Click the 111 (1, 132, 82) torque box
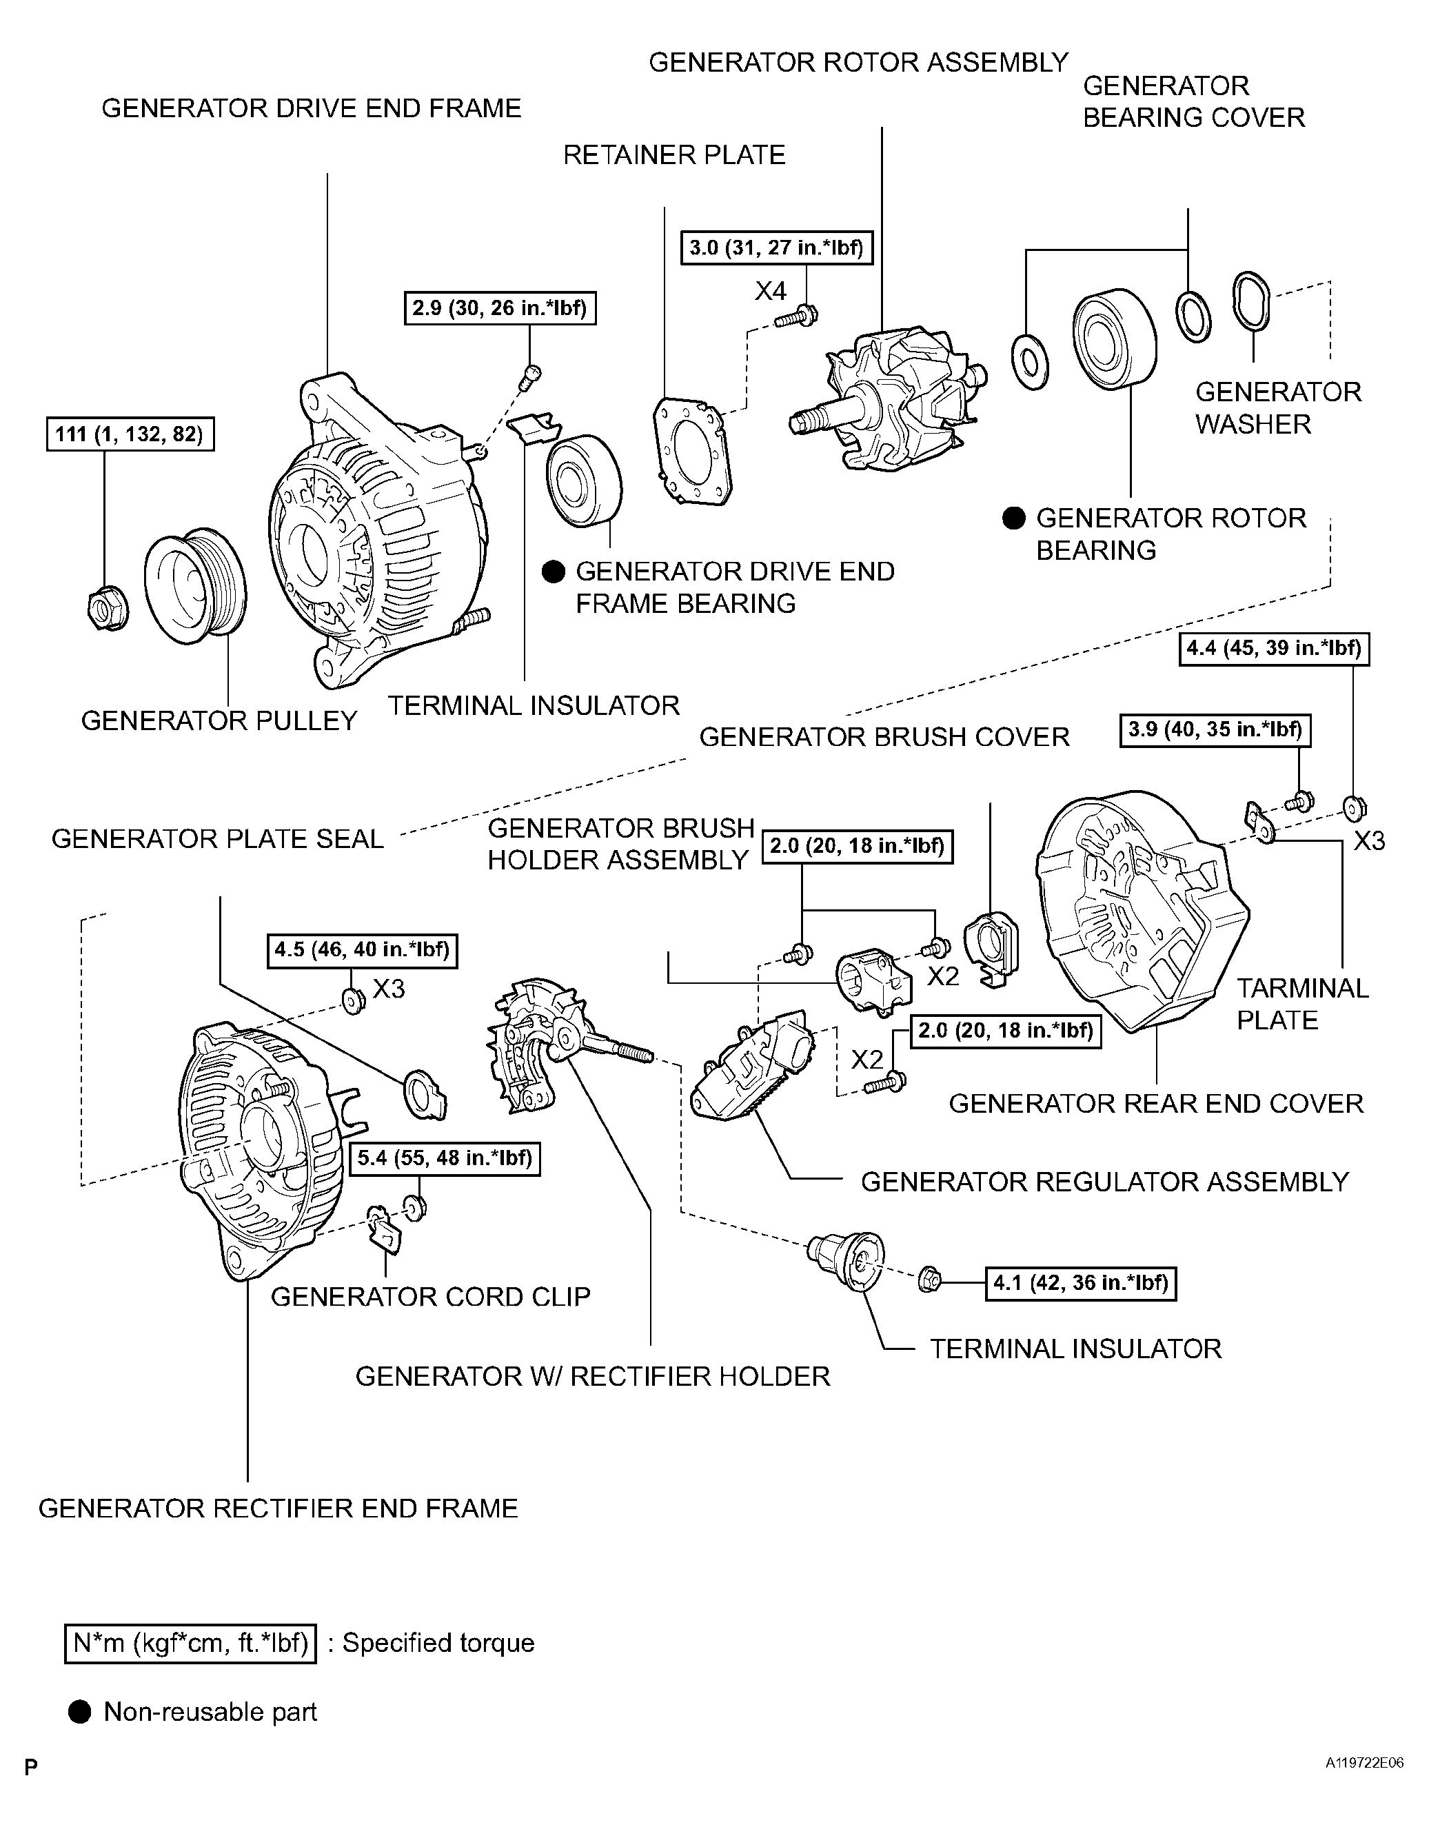coord(130,434)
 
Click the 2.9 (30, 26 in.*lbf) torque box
coord(500,308)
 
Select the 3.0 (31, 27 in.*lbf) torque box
coord(776,248)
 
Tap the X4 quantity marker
coord(771,291)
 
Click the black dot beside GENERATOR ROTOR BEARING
coord(1013,518)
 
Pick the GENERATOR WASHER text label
coord(1277,408)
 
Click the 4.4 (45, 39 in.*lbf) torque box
coord(1273,648)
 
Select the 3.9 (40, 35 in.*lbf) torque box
coord(1215,729)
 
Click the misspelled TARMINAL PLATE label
coord(1302,1004)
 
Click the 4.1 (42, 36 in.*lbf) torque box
coord(1081,1283)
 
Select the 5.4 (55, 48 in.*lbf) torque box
coord(444,1159)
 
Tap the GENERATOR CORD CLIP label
coord(430,1297)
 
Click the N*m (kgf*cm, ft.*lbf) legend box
coord(191,1644)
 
